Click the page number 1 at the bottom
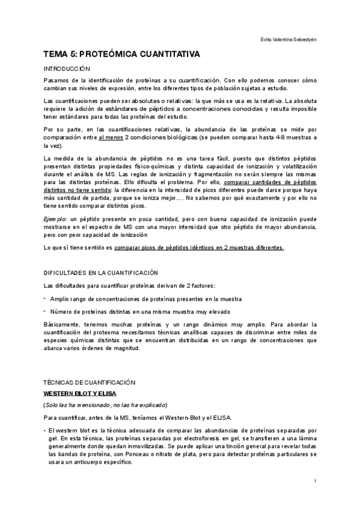(315, 481)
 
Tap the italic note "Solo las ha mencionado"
(81, 404)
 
